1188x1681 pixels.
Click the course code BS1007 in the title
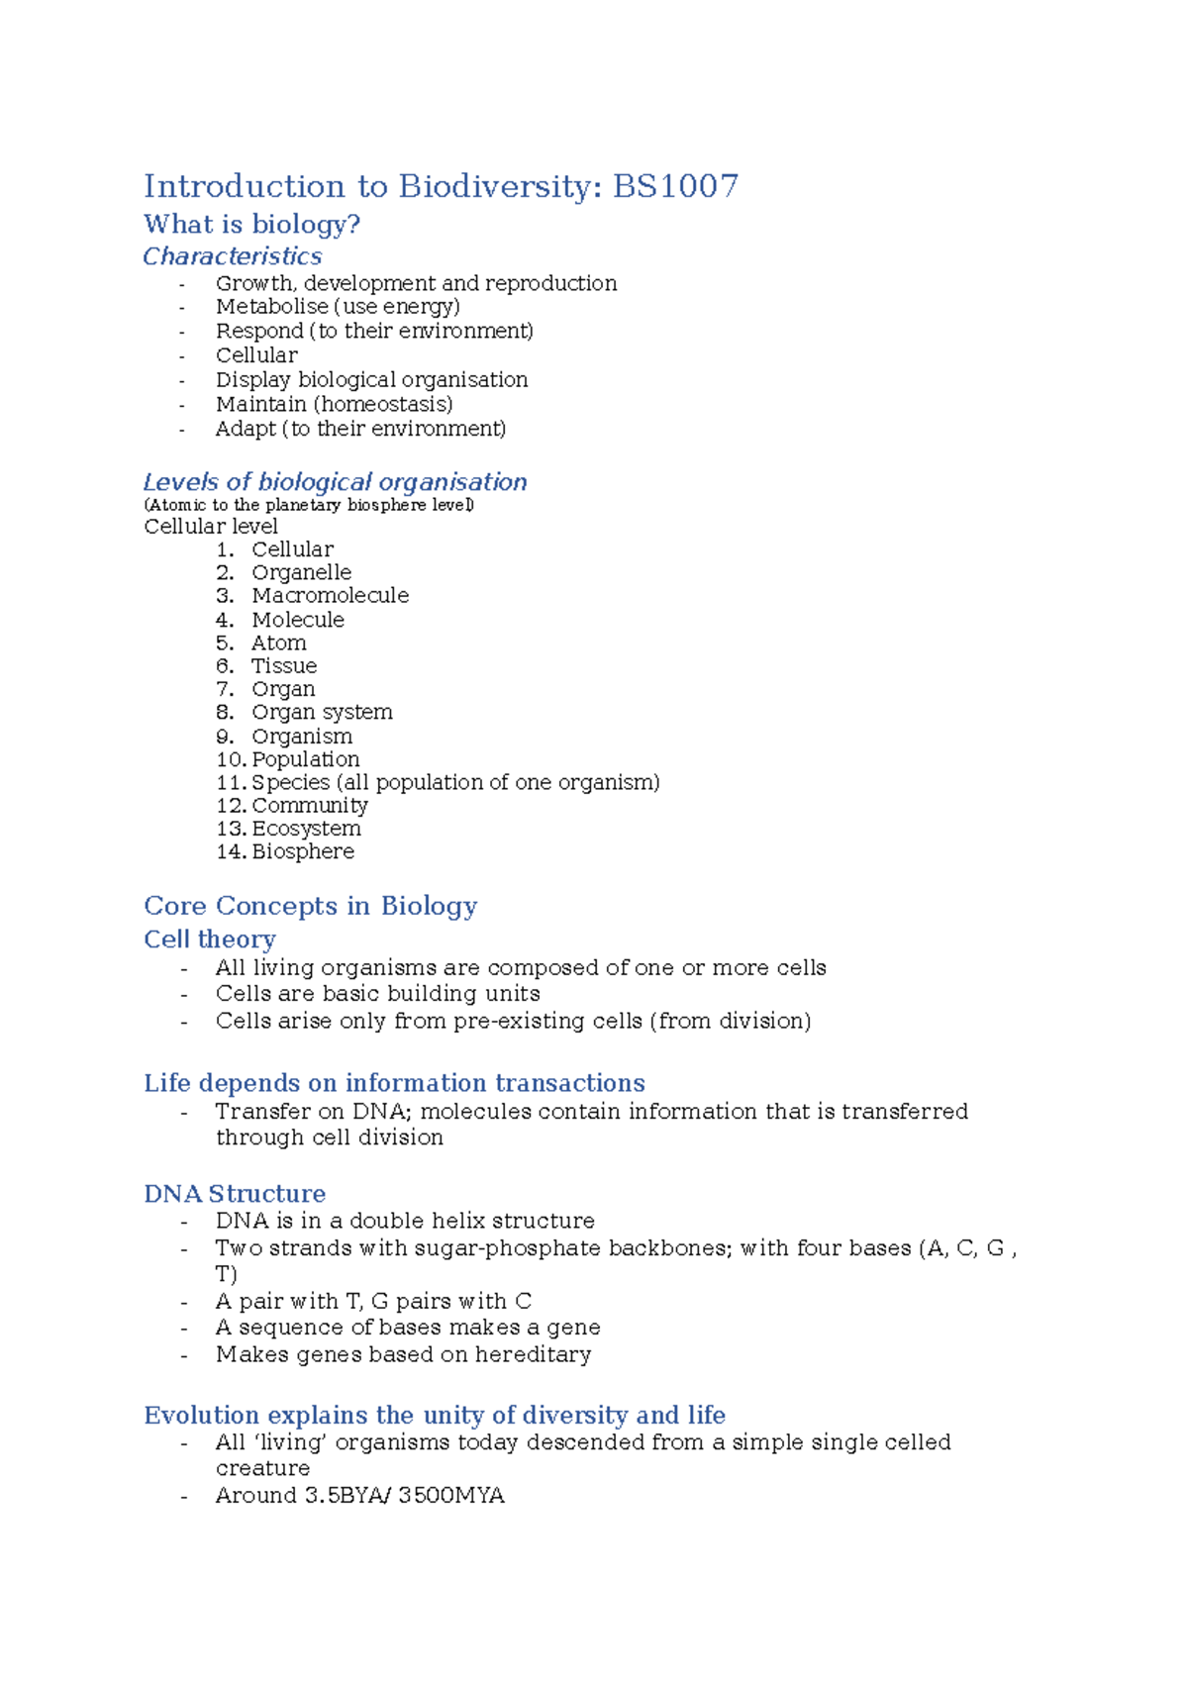tap(675, 186)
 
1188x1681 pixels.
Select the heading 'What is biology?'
tap(251, 225)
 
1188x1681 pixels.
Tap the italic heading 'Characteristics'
tap(233, 256)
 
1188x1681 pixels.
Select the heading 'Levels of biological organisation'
tap(335, 482)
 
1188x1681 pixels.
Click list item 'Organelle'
tap(301, 572)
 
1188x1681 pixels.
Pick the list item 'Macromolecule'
tap(330, 595)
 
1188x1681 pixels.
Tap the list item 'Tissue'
tap(284, 665)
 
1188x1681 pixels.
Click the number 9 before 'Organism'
tap(225, 737)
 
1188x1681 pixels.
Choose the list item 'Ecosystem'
tap(306, 829)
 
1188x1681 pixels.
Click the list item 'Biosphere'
tap(302, 851)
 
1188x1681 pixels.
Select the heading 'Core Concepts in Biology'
tap(310, 906)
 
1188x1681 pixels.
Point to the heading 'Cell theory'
tap(210, 939)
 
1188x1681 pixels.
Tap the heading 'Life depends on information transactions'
tap(394, 1083)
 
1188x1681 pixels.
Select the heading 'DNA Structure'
tap(235, 1194)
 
